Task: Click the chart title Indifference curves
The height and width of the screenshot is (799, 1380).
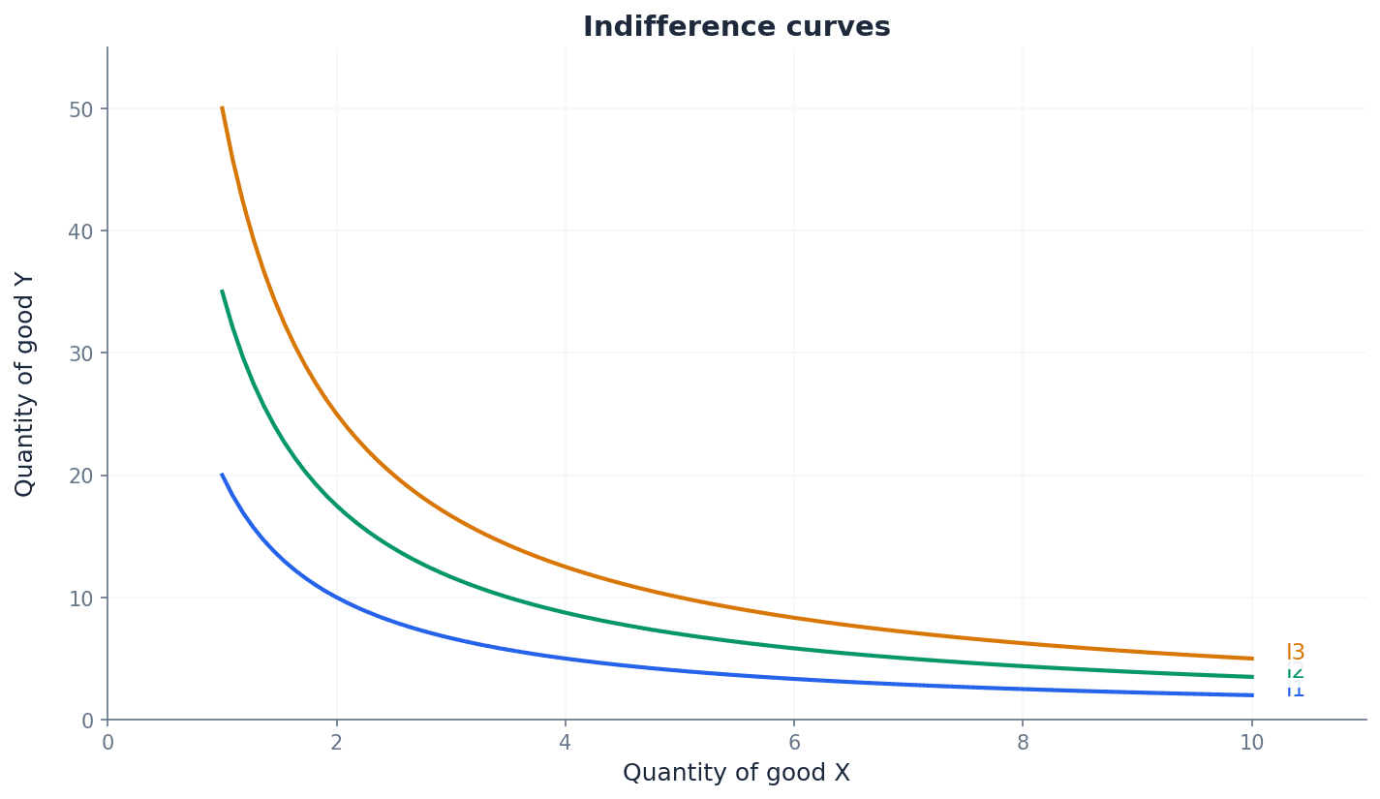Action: point(736,27)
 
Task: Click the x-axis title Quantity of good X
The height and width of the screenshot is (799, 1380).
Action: point(736,773)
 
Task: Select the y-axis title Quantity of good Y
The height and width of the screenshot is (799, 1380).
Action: point(25,384)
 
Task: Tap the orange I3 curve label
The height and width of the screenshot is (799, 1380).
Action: point(1295,653)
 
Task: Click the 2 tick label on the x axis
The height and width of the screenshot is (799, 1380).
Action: point(336,743)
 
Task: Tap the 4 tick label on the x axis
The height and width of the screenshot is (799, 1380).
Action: point(565,743)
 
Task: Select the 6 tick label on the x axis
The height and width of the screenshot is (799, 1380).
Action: point(794,743)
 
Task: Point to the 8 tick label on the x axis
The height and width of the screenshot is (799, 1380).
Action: point(1023,743)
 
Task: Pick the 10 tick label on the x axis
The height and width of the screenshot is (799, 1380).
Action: point(1251,743)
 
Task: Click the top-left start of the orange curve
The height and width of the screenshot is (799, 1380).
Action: point(222,108)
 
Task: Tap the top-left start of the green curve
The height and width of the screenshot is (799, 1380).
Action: point(222,292)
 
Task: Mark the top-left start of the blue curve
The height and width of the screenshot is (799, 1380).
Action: point(222,476)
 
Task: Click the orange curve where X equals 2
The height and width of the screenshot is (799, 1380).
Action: point(336,414)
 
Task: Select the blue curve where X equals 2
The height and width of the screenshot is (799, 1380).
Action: point(336,598)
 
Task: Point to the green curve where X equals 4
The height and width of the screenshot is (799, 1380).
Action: point(565,613)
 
